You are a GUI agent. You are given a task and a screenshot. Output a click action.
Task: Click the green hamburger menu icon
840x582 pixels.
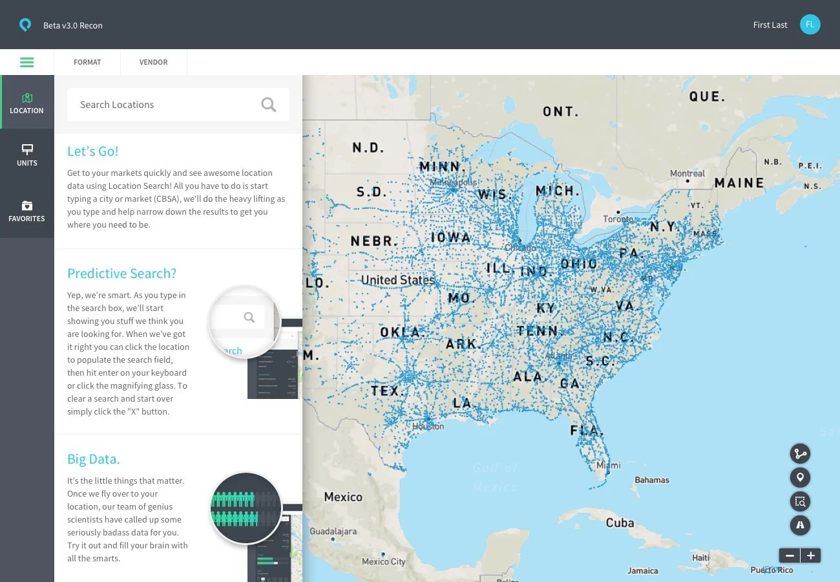[x=26, y=63]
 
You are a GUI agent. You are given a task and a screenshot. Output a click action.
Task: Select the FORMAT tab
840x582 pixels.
[x=87, y=63]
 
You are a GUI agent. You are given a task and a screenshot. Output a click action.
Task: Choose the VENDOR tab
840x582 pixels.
[x=153, y=63]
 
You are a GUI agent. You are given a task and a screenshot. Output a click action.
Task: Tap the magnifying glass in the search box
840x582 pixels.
[x=269, y=105]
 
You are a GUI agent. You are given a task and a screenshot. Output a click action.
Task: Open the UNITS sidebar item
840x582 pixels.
[x=27, y=155]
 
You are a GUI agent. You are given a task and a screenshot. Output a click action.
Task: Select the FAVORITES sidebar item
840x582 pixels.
[x=27, y=211]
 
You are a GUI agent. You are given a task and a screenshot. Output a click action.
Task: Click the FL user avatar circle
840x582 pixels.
[x=810, y=25]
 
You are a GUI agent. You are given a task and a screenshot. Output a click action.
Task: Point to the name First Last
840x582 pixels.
[x=770, y=25]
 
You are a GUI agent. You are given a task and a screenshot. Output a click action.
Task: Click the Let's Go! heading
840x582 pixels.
[x=93, y=151]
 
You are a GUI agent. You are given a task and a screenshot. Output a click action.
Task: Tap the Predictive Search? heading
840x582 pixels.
[x=121, y=273]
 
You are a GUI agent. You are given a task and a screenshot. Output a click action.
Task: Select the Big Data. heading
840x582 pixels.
[x=94, y=459]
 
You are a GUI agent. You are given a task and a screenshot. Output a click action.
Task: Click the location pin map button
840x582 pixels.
[x=800, y=478]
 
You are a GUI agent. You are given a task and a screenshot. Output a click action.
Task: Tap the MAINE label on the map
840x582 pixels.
[x=739, y=183]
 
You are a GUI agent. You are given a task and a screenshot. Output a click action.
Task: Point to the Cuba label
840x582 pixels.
[x=620, y=523]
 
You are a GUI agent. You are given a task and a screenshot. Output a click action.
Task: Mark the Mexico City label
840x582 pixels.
[x=384, y=561]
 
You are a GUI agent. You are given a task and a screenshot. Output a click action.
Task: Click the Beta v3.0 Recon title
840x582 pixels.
[x=73, y=26]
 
